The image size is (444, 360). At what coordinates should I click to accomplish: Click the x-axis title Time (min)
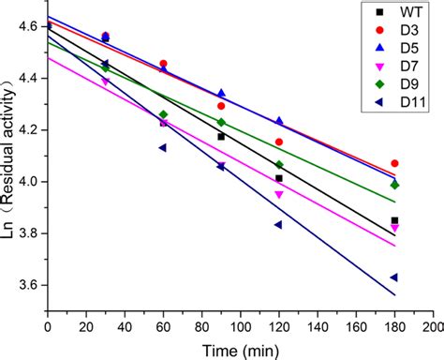tap(238, 349)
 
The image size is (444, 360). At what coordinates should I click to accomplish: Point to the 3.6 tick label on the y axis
tap(28, 285)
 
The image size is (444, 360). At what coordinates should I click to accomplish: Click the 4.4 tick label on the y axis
tap(28, 78)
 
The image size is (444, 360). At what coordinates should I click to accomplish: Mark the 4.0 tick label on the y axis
tap(28, 182)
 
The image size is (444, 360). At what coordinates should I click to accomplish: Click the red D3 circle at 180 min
tap(394, 163)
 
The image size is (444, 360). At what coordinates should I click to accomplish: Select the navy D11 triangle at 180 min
tap(394, 277)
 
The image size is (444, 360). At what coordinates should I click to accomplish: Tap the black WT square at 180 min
tap(394, 220)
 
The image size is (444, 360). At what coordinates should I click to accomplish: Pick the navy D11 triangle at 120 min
tap(279, 225)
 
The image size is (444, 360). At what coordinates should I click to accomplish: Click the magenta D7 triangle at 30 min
tap(105, 82)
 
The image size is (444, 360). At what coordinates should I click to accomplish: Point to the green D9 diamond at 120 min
tap(279, 165)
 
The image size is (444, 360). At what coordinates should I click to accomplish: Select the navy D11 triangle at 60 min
tap(163, 148)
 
